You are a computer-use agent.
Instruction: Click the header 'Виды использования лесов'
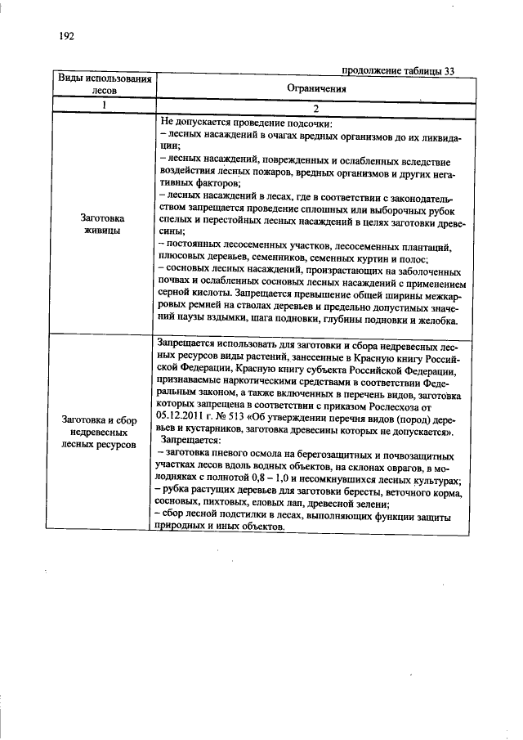pyautogui.click(x=105, y=84)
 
